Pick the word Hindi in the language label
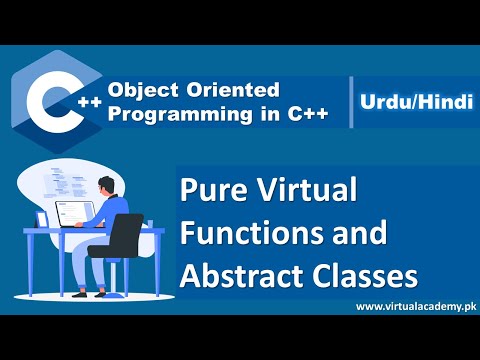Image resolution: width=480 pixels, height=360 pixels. (442, 101)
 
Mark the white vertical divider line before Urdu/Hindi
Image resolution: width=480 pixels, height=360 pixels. (353, 101)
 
